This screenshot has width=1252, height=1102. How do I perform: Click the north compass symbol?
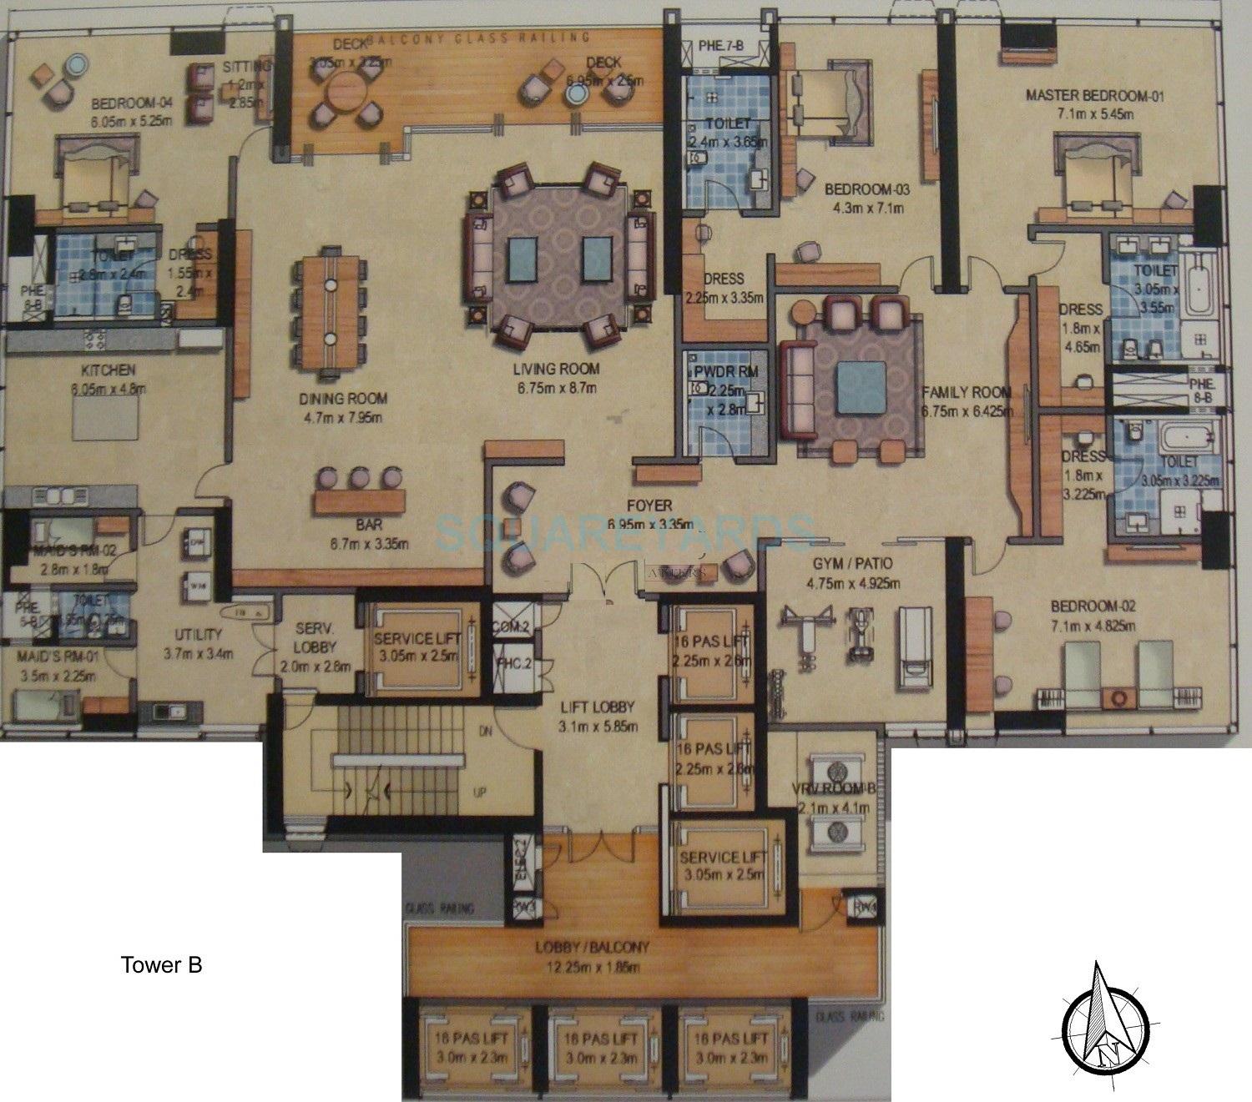click(x=1108, y=1028)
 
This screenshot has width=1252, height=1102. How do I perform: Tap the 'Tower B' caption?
click(x=161, y=965)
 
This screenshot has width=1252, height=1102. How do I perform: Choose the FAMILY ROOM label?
click(x=966, y=392)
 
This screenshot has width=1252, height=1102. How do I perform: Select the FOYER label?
click(x=651, y=506)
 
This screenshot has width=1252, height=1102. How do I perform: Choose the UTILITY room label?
click(x=197, y=634)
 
